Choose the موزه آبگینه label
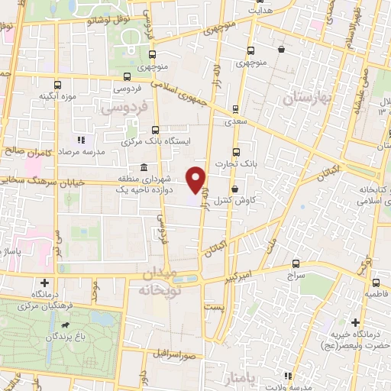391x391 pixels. pos(57,97)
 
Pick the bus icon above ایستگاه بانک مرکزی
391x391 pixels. pos(156,130)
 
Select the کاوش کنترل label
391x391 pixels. pos(233,200)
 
